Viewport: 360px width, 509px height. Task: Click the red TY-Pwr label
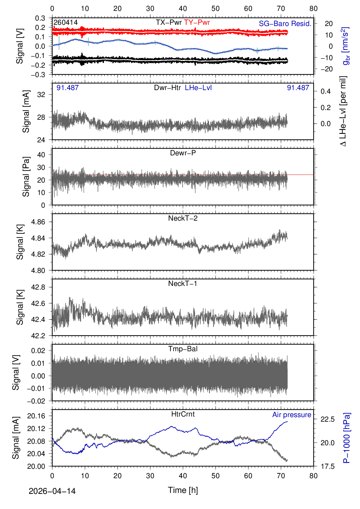point(197,22)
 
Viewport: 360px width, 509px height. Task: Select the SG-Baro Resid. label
point(285,24)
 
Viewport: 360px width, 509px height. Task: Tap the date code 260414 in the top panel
point(65,22)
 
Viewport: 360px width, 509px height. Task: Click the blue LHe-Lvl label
point(198,88)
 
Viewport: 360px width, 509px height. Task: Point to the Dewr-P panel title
point(183,153)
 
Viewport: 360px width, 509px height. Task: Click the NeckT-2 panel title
point(183,218)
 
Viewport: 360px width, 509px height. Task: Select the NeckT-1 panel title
point(183,284)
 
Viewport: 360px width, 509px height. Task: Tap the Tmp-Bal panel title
point(183,349)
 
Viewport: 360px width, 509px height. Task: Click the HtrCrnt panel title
point(183,414)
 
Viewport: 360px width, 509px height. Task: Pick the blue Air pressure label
point(292,415)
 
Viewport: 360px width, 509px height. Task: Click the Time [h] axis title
point(183,490)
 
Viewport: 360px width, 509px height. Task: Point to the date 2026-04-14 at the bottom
point(52,491)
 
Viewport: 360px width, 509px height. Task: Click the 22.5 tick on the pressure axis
point(328,419)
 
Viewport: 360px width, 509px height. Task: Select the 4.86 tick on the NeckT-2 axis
point(38,222)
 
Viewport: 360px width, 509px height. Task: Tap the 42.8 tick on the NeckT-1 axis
point(38,287)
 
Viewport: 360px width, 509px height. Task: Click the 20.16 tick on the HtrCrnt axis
point(36,416)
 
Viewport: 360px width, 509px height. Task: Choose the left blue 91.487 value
point(67,88)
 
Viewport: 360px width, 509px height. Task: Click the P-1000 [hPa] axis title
point(347,438)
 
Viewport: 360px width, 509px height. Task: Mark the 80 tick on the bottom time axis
point(313,476)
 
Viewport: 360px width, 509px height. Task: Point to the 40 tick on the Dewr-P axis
point(41,155)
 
